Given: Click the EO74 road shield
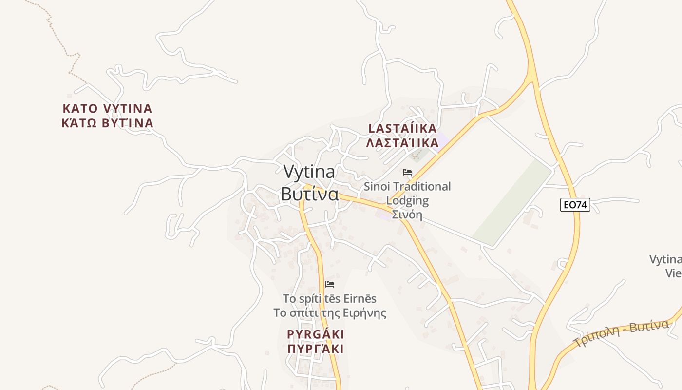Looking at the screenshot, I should [575, 205].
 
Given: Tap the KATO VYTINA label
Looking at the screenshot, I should [108, 108].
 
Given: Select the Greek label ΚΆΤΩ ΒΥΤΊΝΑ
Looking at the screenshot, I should [108, 123].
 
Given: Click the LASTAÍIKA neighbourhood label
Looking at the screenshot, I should [402, 129].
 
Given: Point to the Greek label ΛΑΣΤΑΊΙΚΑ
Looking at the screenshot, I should [402, 143].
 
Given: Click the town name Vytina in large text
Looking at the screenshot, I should [309, 172].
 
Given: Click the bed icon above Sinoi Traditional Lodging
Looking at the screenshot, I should [407, 172].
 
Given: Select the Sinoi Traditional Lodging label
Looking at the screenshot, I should [407, 187].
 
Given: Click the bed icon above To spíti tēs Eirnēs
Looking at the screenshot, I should [330, 284].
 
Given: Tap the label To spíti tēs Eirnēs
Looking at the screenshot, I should [330, 298].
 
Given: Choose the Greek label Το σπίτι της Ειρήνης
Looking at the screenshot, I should [330, 313].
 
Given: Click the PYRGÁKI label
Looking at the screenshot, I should [316, 334].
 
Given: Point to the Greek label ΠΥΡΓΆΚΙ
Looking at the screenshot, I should [316, 349].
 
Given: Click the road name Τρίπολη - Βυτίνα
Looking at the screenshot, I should [621, 333].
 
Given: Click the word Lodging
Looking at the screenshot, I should [407, 200].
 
